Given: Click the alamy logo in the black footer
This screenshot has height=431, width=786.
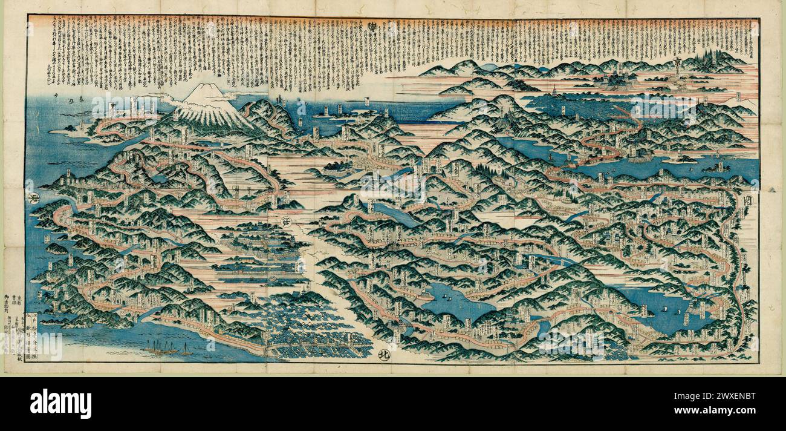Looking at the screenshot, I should (x=60, y=404).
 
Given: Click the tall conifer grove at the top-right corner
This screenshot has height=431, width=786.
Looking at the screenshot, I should (x=719, y=59).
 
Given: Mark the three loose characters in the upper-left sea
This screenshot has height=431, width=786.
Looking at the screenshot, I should (x=67, y=96).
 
